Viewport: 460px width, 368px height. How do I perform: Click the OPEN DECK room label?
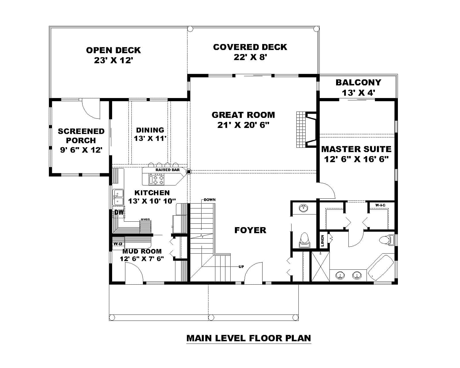coord(113,50)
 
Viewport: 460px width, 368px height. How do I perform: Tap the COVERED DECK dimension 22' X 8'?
coord(250,57)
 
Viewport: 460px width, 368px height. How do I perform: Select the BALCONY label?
coord(358,83)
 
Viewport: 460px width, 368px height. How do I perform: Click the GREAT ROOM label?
coord(243,115)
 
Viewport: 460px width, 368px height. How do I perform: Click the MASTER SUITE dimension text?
coord(356,159)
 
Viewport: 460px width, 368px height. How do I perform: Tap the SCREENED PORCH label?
coord(81,136)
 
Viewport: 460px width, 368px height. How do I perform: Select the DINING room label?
coord(150,130)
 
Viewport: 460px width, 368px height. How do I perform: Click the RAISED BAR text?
coord(168,170)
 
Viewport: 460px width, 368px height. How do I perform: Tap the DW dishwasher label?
coord(119,212)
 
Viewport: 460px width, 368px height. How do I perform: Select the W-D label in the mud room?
coord(118,244)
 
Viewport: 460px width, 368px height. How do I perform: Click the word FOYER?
coord(250,230)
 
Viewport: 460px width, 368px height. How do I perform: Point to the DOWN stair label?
coord(210,200)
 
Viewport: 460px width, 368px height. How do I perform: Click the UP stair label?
coord(241,267)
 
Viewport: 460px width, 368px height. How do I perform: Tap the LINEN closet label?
coord(322,241)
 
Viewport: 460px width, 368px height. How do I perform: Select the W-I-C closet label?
coord(380,205)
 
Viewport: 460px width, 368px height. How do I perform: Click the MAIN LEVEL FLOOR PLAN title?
coord(249,338)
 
